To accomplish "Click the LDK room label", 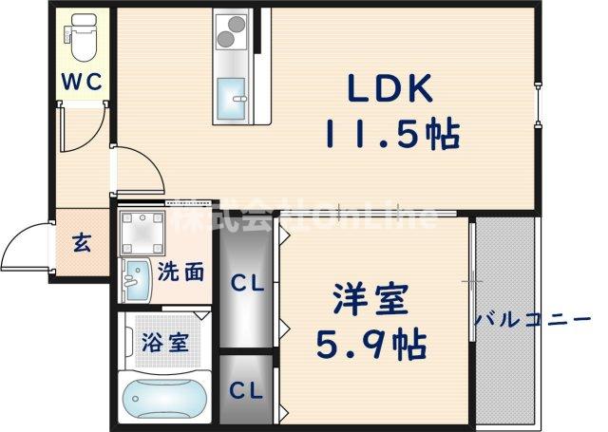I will click(389, 91).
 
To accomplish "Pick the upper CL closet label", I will click(248, 282).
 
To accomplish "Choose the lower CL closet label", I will click(247, 388).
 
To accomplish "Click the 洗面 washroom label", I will click(180, 272).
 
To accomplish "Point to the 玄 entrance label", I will click(82, 243).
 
